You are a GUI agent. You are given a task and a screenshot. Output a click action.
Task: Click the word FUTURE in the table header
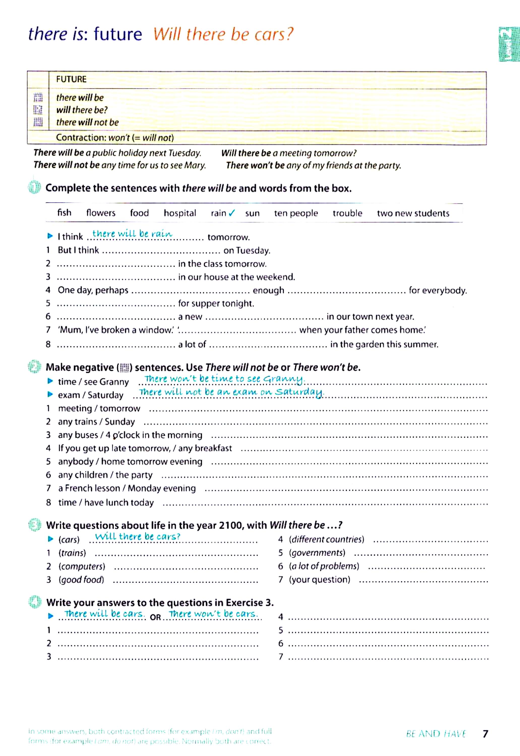[x=71, y=79]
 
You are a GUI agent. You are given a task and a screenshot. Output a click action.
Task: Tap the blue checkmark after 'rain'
[x=232, y=213]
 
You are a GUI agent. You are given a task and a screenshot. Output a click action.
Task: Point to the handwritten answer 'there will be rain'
[x=132, y=234]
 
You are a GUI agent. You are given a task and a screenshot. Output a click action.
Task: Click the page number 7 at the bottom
[x=485, y=734]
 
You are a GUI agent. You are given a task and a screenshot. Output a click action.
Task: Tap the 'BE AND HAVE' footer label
[x=436, y=734]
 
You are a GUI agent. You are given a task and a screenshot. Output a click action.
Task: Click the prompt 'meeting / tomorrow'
[x=99, y=408]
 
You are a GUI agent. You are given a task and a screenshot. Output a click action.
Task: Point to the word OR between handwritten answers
[x=156, y=617]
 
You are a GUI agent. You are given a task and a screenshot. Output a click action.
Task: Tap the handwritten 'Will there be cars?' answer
[x=137, y=537]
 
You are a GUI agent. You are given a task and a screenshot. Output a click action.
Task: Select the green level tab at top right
[x=509, y=44]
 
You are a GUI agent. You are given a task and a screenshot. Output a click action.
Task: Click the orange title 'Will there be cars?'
[x=223, y=34]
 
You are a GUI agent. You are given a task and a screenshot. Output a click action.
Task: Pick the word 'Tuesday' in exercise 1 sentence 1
[x=253, y=250]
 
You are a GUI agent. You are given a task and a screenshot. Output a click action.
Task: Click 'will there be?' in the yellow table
[x=82, y=110]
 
